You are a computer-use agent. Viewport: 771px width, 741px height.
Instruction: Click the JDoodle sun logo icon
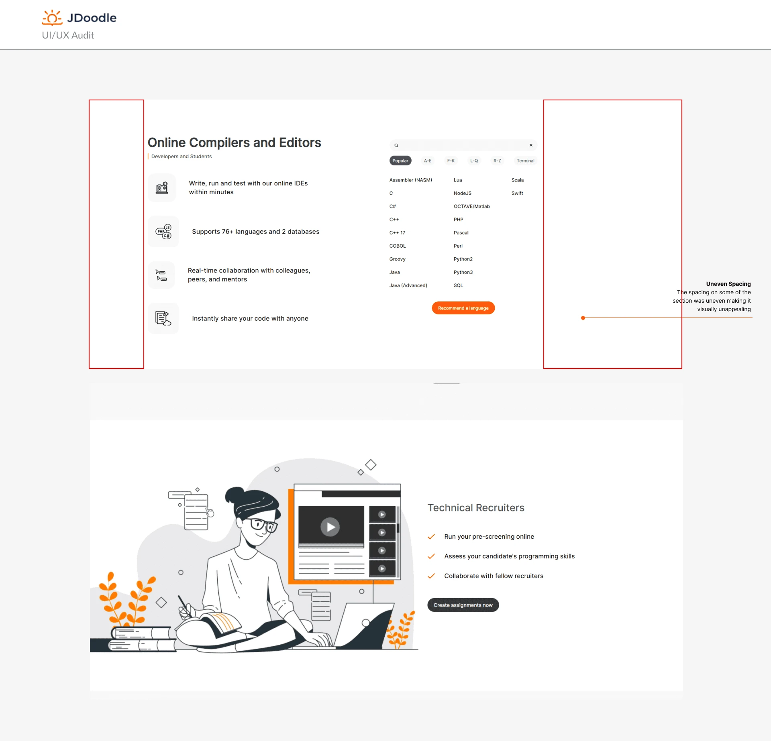click(x=52, y=18)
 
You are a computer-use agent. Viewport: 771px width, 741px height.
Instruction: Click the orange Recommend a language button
click(x=463, y=308)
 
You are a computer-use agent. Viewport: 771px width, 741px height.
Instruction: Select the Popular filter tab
click(x=400, y=161)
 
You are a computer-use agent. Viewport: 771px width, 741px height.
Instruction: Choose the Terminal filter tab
click(x=525, y=161)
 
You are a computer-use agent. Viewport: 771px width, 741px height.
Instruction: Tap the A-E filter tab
click(x=428, y=161)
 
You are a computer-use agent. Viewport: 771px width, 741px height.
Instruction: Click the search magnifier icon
click(x=396, y=145)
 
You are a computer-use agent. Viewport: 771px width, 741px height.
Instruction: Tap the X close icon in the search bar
click(x=531, y=145)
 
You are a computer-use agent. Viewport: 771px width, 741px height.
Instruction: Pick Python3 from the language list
click(x=463, y=272)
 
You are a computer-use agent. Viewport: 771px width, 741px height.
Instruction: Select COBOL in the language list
click(x=398, y=246)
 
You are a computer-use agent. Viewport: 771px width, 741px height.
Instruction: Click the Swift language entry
click(x=517, y=193)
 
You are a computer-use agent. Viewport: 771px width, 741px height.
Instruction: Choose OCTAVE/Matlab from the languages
click(x=472, y=206)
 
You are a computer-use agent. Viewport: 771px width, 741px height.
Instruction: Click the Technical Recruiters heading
click(x=476, y=508)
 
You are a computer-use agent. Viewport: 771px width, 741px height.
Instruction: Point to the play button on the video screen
click(x=330, y=527)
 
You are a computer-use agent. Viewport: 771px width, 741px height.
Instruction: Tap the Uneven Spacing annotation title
click(x=728, y=284)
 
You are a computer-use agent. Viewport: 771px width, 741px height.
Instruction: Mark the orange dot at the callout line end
click(x=583, y=318)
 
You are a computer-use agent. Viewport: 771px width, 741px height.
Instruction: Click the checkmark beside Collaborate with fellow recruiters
click(x=431, y=576)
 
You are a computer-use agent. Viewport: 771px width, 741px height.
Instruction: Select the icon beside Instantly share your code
click(x=163, y=318)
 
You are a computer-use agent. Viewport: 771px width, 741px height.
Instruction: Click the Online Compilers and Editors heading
click(x=234, y=142)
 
